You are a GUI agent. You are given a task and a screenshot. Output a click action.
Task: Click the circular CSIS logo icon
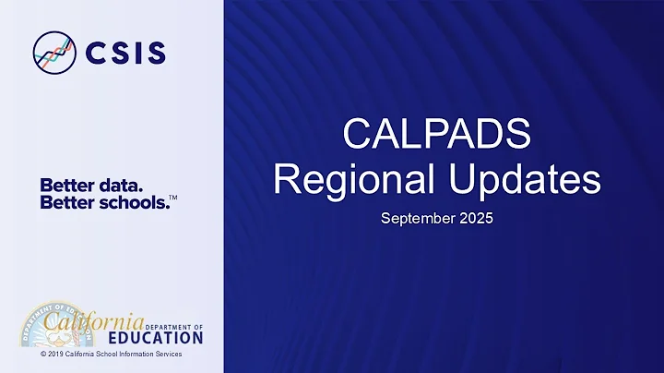coord(54,52)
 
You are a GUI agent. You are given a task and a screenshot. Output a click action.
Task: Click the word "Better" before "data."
coord(65,185)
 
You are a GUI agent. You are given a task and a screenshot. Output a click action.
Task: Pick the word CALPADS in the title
coord(436,135)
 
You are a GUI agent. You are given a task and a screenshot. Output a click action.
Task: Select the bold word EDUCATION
coord(161,338)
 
